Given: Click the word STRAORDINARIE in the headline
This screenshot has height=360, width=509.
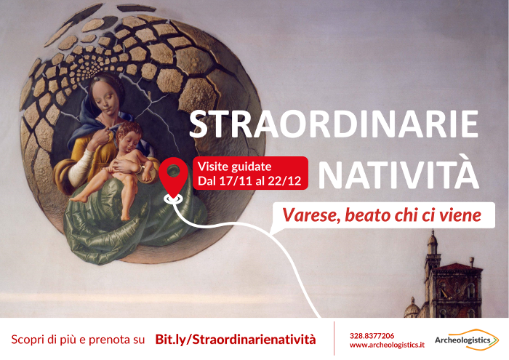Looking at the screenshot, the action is point(333,124).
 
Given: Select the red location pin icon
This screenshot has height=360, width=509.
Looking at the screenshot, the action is point(173,179).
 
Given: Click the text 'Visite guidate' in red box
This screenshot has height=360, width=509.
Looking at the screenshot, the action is point(234,167).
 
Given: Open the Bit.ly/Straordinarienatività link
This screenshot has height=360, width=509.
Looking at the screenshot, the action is point(236,339).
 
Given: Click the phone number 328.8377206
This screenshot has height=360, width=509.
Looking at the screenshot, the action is point(372,336).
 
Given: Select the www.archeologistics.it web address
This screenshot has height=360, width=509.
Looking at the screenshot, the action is point(387,345).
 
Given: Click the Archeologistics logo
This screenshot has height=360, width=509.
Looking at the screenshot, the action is point(467,340).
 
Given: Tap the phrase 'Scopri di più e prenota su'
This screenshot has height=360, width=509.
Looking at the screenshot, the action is point(78,340).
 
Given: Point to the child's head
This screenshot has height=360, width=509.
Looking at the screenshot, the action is point(129,135).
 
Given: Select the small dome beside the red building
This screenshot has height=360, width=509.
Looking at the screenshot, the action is point(412,308).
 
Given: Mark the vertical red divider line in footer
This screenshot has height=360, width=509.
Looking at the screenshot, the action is point(334,338).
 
